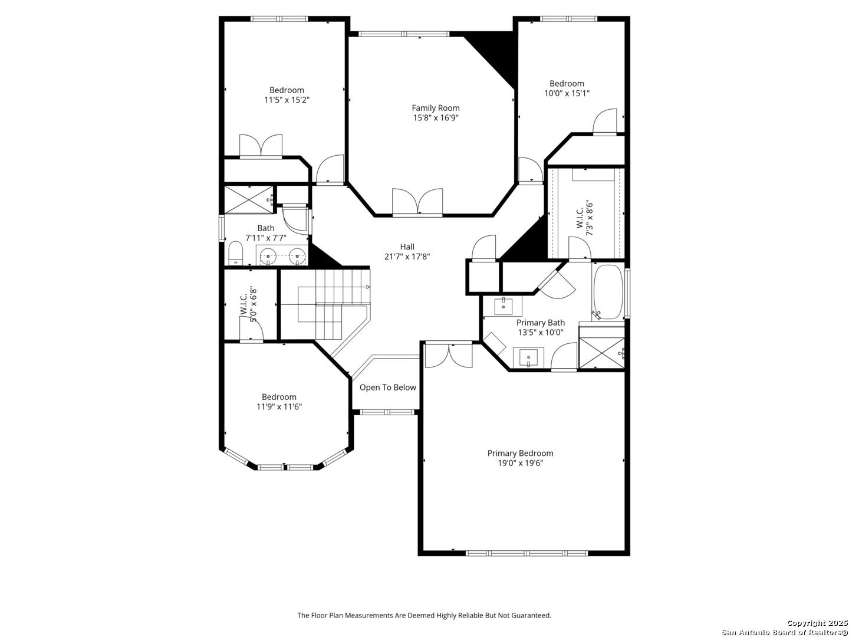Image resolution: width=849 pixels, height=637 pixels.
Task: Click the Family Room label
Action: pos(436,108)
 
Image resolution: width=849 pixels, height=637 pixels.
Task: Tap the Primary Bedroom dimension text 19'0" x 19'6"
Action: pos(520,463)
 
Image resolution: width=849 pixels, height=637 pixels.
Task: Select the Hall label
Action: pos(407,247)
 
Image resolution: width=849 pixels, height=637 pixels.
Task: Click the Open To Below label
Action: pos(387,388)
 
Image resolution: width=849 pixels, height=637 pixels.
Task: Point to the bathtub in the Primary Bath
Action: pos(608,292)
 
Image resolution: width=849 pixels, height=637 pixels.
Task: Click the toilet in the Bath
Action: pos(235,254)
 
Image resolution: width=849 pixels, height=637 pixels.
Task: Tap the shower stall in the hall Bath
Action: pos(249,199)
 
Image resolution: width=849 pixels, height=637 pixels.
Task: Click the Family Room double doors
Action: pos(417,201)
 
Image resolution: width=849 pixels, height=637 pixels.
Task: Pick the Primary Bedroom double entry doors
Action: pos(449,356)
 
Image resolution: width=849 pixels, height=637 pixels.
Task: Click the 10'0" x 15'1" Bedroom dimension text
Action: pos(567,93)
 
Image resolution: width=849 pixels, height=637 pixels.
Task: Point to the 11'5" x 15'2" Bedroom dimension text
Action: pos(287,100)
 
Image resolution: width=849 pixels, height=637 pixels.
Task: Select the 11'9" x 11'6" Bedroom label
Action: pos(279,397)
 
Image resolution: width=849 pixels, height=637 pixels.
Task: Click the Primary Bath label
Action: pos(540,323)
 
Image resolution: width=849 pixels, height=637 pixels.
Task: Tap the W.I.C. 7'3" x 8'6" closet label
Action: pos(584,218)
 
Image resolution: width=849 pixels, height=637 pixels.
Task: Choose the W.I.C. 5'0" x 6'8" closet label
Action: pos(248,304)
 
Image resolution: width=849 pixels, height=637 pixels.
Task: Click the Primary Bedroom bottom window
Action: pos(526,553)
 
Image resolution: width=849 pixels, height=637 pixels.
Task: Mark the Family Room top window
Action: pos(404,34)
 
